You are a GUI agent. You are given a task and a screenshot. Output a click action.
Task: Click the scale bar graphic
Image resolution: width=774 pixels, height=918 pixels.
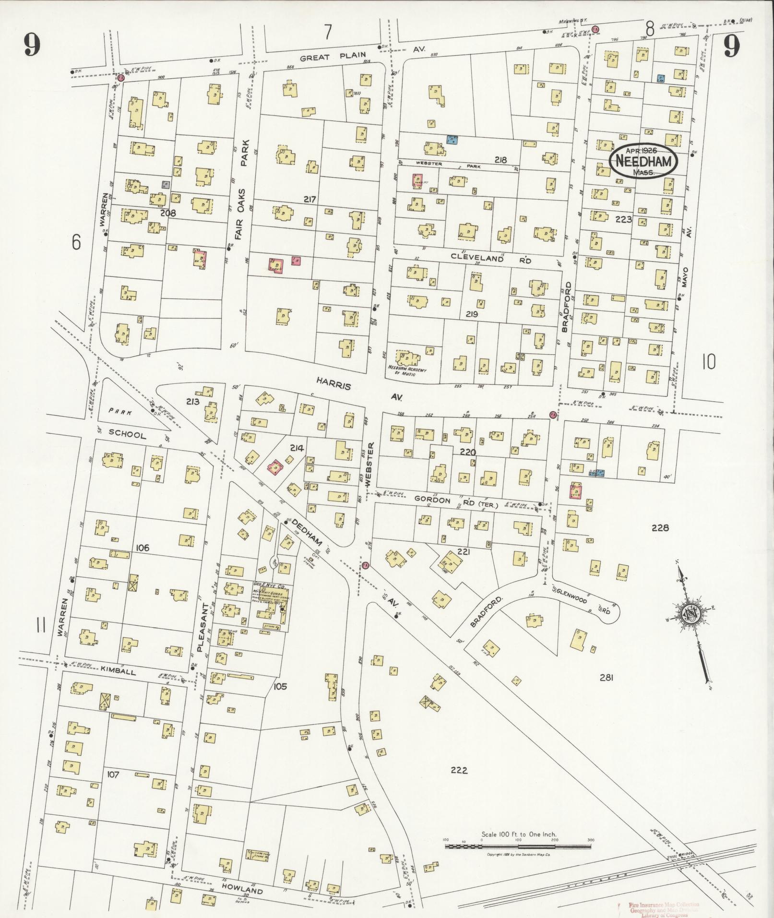tap(518, 511)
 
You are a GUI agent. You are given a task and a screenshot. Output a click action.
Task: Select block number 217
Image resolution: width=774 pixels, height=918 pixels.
tap(309, 199)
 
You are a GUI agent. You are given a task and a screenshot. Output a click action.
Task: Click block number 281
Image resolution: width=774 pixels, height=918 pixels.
tap(607, 678)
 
